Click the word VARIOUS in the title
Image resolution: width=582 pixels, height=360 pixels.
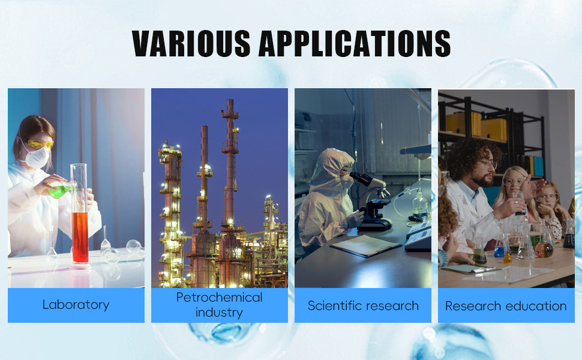pyautogui.click(x=191, y=43)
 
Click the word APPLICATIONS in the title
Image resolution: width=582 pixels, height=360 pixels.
pyautogui.click(x=355, y=43)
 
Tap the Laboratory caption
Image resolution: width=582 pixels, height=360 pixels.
pyautogui.click(x=76, y=305)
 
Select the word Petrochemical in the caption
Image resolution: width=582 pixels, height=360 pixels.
pyautogui.click(x=220, y=297)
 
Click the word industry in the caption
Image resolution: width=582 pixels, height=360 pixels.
pyautogui.click(x=220, y=313)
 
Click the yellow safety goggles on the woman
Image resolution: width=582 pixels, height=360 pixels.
pyautogui.click(x=40, y=144)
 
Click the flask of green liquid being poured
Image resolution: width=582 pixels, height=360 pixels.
pyautogui.click(x=60, y=190)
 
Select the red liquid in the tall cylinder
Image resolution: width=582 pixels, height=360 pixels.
pyautogui.click(x=80, y=238)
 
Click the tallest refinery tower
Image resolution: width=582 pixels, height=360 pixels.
pyautogui.click(x=230, y=163)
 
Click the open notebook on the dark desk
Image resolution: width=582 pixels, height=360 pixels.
pyautogui.click(x=366, y=245)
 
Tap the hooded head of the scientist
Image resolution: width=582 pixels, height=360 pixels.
pyautogui.click(x=333, y=167)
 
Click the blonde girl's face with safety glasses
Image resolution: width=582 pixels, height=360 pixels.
pyautogui.click(x=515, y=182)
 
